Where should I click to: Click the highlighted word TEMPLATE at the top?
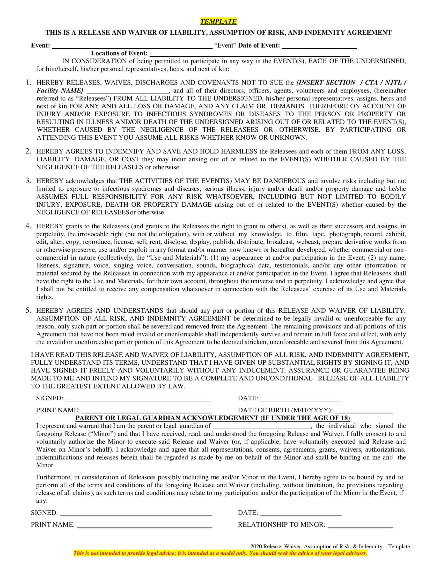[218, 21]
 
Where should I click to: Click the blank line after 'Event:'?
[132, 46]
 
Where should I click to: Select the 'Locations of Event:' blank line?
[250, 54]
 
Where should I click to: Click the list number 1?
[28, 83]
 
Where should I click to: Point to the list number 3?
[28, 181]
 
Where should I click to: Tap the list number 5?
[28, 310]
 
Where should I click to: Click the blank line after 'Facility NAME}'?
[127, 91]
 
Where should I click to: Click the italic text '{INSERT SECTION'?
[326, 83]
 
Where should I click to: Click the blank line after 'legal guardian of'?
[262, 426]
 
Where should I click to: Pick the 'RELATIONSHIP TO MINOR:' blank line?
[360, 525]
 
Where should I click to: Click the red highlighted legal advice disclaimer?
[220, 553]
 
